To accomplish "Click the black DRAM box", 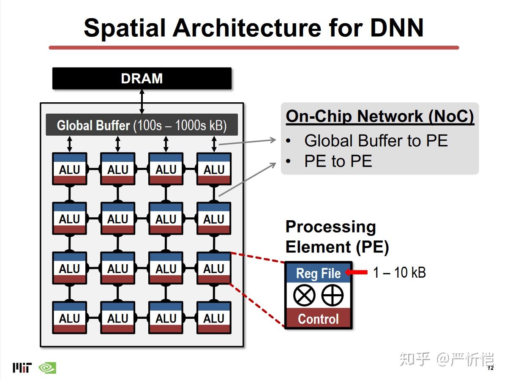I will point(142,79).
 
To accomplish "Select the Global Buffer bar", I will point(142,125).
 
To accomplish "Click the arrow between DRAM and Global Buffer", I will point(142,101).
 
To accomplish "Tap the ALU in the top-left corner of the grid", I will point(70,169).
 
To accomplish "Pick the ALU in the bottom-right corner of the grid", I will point(214,318).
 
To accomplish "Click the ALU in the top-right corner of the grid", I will point(214,169).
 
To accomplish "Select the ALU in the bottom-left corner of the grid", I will point(70,318).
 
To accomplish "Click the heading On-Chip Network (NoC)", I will point(380,116).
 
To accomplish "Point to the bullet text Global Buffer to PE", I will point(376,141).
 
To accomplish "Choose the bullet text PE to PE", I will point(338,161).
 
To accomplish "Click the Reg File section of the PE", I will point(318,273).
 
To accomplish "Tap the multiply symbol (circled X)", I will point(305,295).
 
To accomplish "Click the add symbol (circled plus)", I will point(333,295).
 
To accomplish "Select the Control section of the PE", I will point(318,319).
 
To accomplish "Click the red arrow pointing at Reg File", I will point(357,273).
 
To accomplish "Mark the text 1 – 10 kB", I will point(399,273).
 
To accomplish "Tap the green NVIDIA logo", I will point(47,368).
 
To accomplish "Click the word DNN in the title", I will point(397,28).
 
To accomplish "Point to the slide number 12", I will point(490,368).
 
